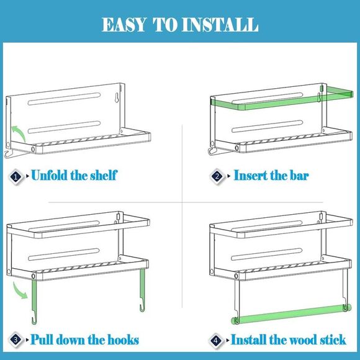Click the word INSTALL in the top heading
(x=220, y=25)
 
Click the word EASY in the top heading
(x=124, y=25)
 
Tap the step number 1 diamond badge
(x=16, y=177)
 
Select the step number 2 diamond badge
(x=217, y=176)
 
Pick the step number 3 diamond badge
(x=16, y=340)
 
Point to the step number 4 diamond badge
(x=216, y=340)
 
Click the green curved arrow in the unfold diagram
(x=19, y=133)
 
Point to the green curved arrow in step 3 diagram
(x=20, y=290)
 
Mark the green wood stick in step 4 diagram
(x=291, y=313)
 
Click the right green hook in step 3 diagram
(x=142, y=290)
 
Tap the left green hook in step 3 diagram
(x=34, y=301)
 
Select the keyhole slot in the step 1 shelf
(x=117, y=97)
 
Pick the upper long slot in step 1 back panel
(x=65, y=99)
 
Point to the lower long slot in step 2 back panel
(x=268, y=126)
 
